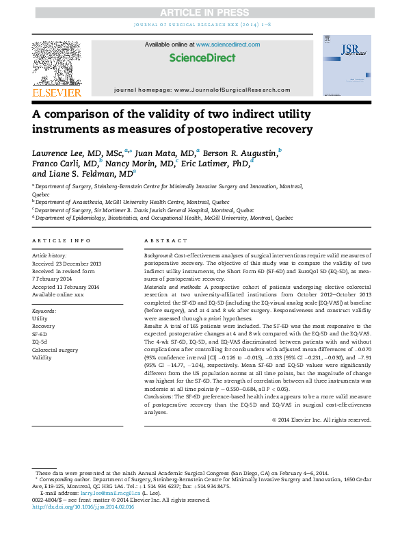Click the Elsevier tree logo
pyautogui.click(x=57, y=62)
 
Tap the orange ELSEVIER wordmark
pyautogui.click(x=57, y=92)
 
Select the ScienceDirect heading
pyautogui.click(x=202, y=58)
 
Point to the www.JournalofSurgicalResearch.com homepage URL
pyautogui.click(x=232, y=90)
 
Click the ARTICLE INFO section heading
pyautogui.click(x=62, y=241)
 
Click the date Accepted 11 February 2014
pyautogui.click(x=66, y=287)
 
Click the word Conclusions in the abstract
pyautogui.click(x=161, y=397)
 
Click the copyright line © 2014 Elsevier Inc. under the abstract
pyautogui.click(x=321, y=420)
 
